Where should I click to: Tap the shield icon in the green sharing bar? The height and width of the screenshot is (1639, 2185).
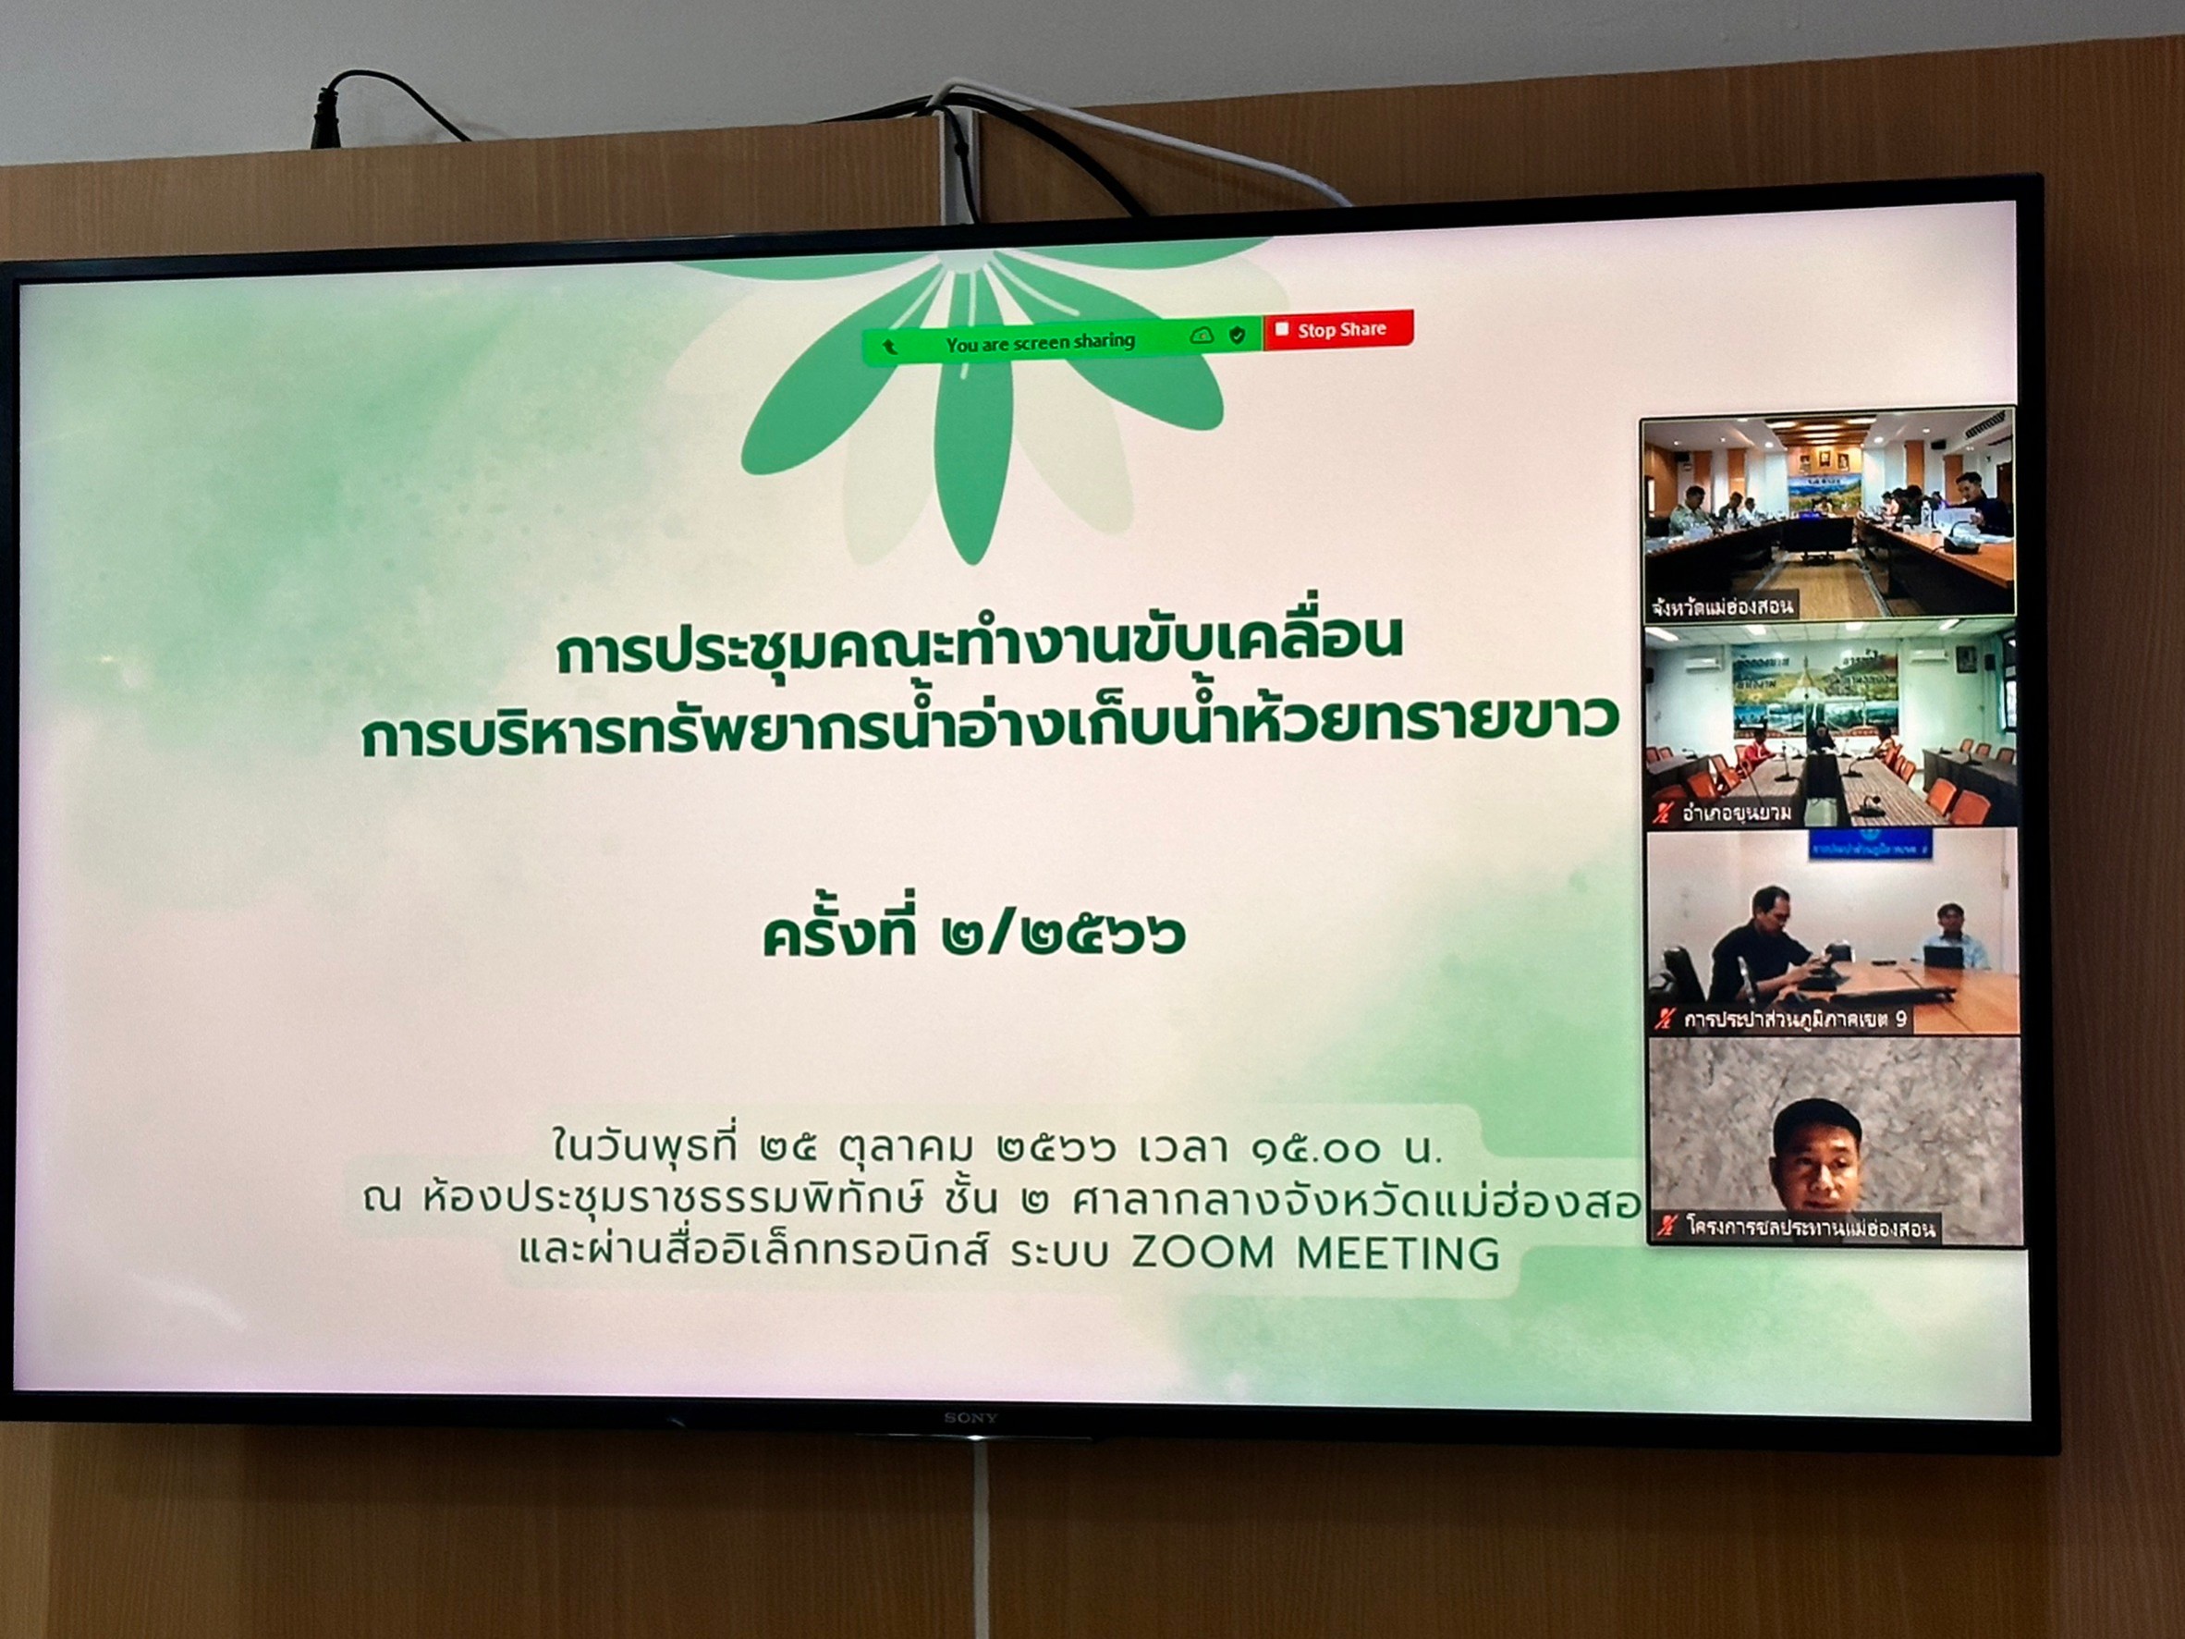point(1237,336)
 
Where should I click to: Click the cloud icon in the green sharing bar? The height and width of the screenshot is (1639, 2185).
point(1202,336)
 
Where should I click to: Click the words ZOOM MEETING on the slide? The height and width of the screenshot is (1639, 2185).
point(1314,1254)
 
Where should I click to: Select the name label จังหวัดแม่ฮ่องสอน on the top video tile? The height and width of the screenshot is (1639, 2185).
point(1722,605)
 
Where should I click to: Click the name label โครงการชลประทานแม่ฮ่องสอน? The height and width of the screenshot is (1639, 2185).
point(1811,1228)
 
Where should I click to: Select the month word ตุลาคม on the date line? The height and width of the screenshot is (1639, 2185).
point(906,1149)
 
